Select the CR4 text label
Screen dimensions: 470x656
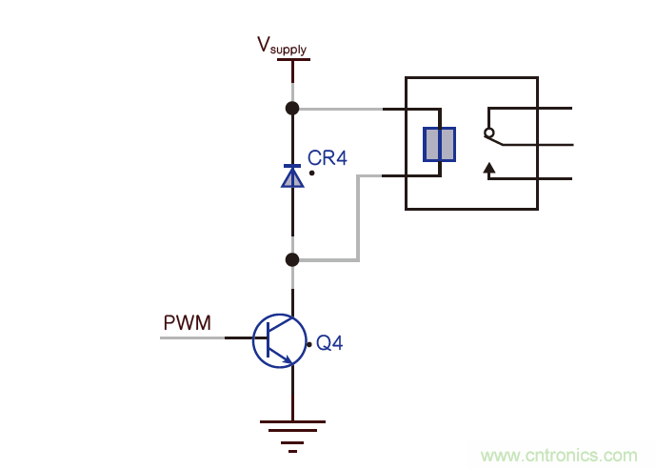[328, 157]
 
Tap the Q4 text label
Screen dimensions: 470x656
[329, 342]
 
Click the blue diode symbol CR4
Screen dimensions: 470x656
[292, 174]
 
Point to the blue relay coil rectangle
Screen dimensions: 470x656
[439, 144]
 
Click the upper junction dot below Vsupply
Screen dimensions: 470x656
[292, 109]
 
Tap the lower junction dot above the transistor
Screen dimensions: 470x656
[292, 259]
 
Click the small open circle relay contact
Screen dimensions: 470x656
[489, 133]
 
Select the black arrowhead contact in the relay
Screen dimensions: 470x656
[490, 170]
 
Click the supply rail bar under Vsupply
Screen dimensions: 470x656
[293, 60]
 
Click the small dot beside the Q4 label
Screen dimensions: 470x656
[308, 344]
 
